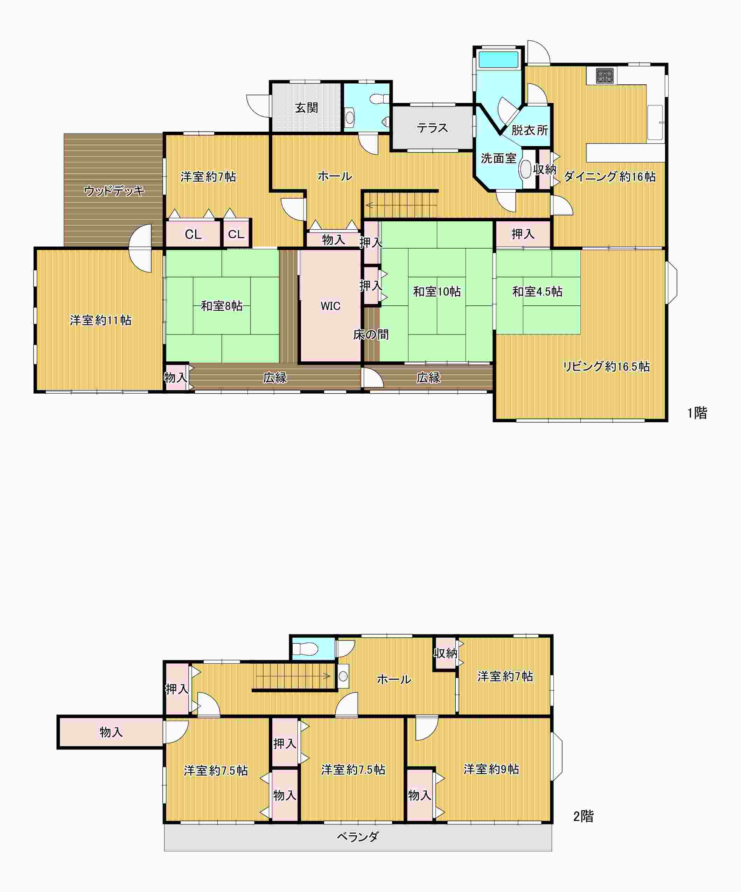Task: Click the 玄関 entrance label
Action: [x=306, y=108]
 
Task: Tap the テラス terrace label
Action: [x=432, y=128]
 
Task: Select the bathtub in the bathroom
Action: [x=499, y=60]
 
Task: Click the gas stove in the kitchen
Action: [x=605, y=76]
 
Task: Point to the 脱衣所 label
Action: [x=529, y=130]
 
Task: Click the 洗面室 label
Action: [x=498, y=158]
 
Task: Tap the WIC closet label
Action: [x=330, y=306]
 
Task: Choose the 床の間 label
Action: [x=371, y=335]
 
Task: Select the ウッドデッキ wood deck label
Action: [x=114, y=191]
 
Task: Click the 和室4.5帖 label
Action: [x=537, y=291]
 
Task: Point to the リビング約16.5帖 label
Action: [x=606, y=366]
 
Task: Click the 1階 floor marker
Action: [x=697, y=413]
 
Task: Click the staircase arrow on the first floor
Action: [x=401, y=206]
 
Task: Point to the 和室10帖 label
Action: [x=436, y=291]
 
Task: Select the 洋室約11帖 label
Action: [x=101, y=320]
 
